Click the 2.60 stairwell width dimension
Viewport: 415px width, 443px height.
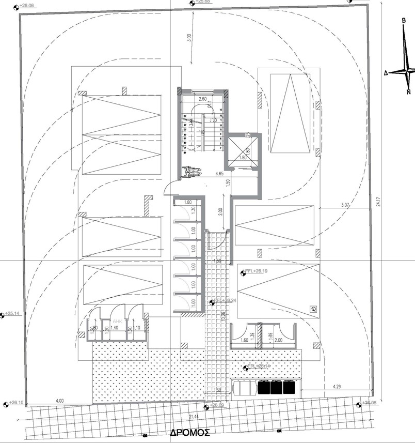click(x=202, y=98)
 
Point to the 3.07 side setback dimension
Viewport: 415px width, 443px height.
click(x=345, y=206)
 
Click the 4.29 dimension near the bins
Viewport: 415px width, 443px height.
click(x=337, y=386)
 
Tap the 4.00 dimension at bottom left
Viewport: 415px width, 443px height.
click(x=59, y=400)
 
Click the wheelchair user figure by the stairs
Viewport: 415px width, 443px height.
click(x=191, y=172)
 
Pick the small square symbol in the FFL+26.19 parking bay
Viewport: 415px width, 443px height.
click(x=313, y=309)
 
